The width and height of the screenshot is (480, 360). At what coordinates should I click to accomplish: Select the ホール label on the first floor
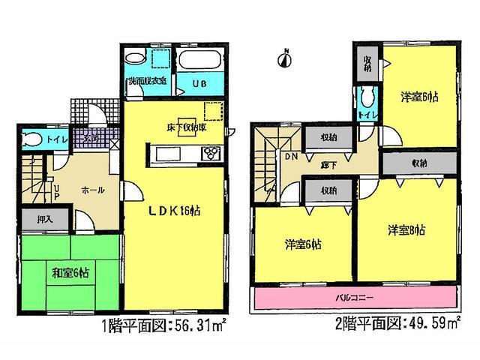coord(93,190)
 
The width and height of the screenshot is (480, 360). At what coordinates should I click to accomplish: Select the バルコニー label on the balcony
coord(355,298)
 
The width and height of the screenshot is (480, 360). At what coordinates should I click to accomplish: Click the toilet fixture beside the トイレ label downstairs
coord(31,139)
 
